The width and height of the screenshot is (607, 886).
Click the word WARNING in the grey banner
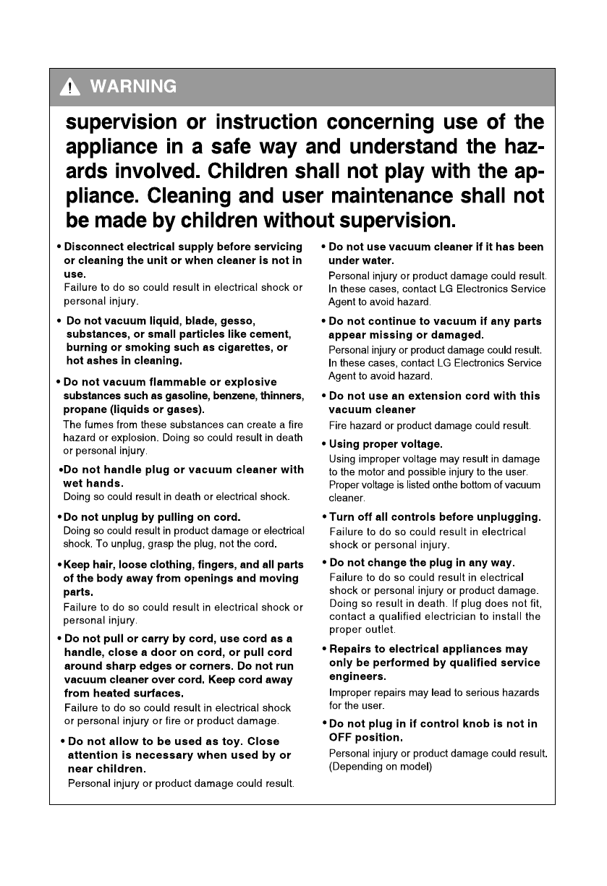(x=132, y=88)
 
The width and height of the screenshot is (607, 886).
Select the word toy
(x=229, y=741)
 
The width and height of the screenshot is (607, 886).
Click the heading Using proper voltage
(x=386, y=443)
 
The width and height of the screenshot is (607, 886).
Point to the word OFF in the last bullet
(x=342, y=738)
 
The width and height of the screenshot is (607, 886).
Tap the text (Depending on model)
(x=381, y=767)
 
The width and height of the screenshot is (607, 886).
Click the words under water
(x=361, y=260)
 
